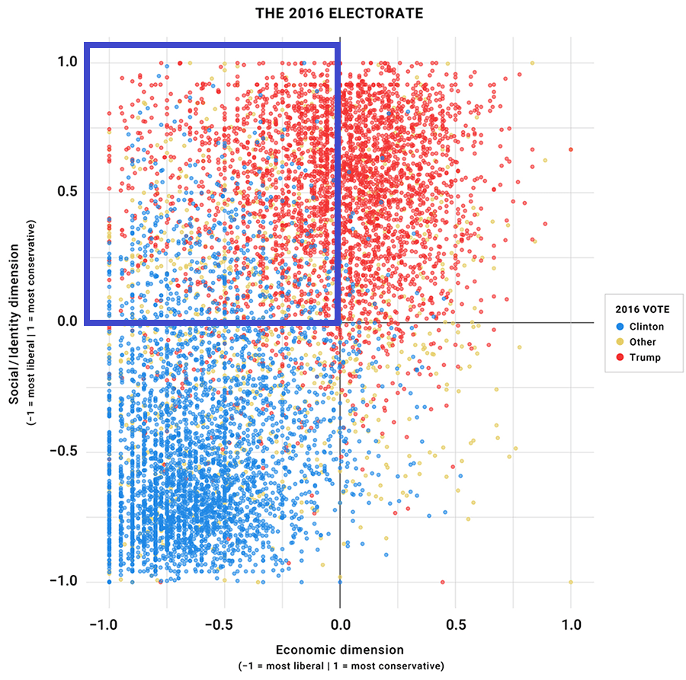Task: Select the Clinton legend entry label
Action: click(x=647, y=327)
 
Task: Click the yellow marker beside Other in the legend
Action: click(x=620, y=342)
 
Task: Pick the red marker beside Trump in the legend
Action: click(x=620, y=357)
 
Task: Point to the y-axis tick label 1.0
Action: click(x=69, y=62)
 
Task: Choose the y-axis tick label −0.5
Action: click(x=66, y=452)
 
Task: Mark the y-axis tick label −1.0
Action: click(x=66, y=582)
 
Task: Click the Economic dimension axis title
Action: click(x=339, y=650)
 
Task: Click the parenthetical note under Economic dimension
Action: click(x=339, y=666)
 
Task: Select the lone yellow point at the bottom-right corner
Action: click(x=571, y=582)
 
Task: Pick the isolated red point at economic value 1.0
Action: click(x=571, y=149)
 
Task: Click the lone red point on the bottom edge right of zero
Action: click(x=443, y=582)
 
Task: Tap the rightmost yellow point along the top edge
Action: click(x=532, y=63)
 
